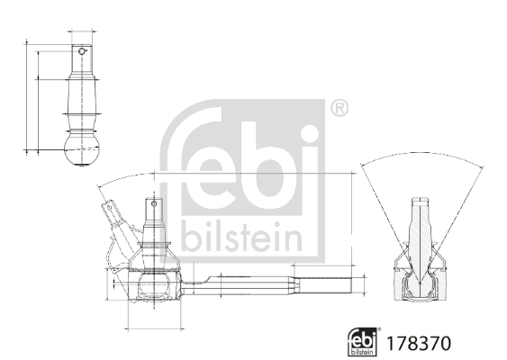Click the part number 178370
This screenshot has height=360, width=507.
pos(417,343)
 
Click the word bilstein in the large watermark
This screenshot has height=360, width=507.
pos(242,236)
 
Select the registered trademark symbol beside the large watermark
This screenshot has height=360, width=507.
pos(339,109)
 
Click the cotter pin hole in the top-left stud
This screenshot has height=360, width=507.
pos(82,51)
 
